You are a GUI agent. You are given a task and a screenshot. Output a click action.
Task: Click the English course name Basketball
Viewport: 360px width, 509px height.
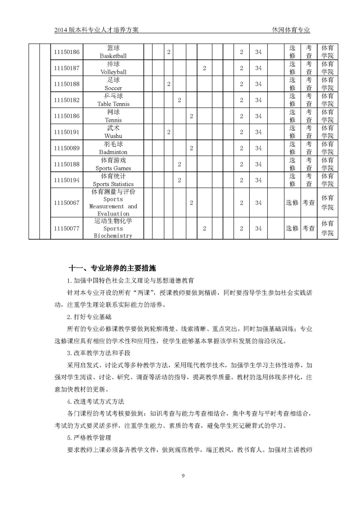(x=113, y=56)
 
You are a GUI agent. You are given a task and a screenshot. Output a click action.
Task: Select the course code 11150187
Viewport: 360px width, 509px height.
(x=67, y=68)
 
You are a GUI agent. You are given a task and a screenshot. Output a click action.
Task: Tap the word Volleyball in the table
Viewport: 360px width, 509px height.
(x=113, y=72)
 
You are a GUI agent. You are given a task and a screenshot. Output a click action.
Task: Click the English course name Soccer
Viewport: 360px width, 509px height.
(x=113, y=88)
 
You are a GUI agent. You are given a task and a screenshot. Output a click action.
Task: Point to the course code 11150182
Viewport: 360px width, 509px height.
(x=67, y=100)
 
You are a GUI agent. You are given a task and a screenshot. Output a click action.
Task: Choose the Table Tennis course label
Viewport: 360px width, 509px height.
(x=113, y=104)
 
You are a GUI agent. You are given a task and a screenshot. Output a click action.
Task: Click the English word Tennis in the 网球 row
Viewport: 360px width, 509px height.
(x=113, y=120)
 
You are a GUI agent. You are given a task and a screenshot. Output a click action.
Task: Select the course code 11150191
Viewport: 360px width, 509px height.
(x=67, y=132)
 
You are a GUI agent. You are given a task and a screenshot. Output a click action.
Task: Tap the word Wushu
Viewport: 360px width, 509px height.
(x=113, y=136)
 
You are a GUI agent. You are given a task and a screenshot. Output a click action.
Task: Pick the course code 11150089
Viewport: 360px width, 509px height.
(x=67, y=148)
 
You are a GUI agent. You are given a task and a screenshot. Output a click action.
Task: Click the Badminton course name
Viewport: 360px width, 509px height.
(x=113, y=152)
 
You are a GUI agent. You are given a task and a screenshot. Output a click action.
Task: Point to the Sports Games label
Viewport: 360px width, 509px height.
(x=113, y=168)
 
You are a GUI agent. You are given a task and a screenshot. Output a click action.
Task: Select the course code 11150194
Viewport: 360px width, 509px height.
(x=67, y=180)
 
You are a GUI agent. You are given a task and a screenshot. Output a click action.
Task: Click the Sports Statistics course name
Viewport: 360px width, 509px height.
(x=113, y=184)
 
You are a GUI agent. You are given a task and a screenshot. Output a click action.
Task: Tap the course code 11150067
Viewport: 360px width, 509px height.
(x=67, y=203)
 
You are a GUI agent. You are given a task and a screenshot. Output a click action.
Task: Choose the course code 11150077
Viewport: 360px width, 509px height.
(x=67, y=228)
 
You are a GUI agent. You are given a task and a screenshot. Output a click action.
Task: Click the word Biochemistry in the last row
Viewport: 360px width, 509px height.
(x=113, y=236)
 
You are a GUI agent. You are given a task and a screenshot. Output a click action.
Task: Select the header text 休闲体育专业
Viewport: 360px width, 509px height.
(x=291, y=30)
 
